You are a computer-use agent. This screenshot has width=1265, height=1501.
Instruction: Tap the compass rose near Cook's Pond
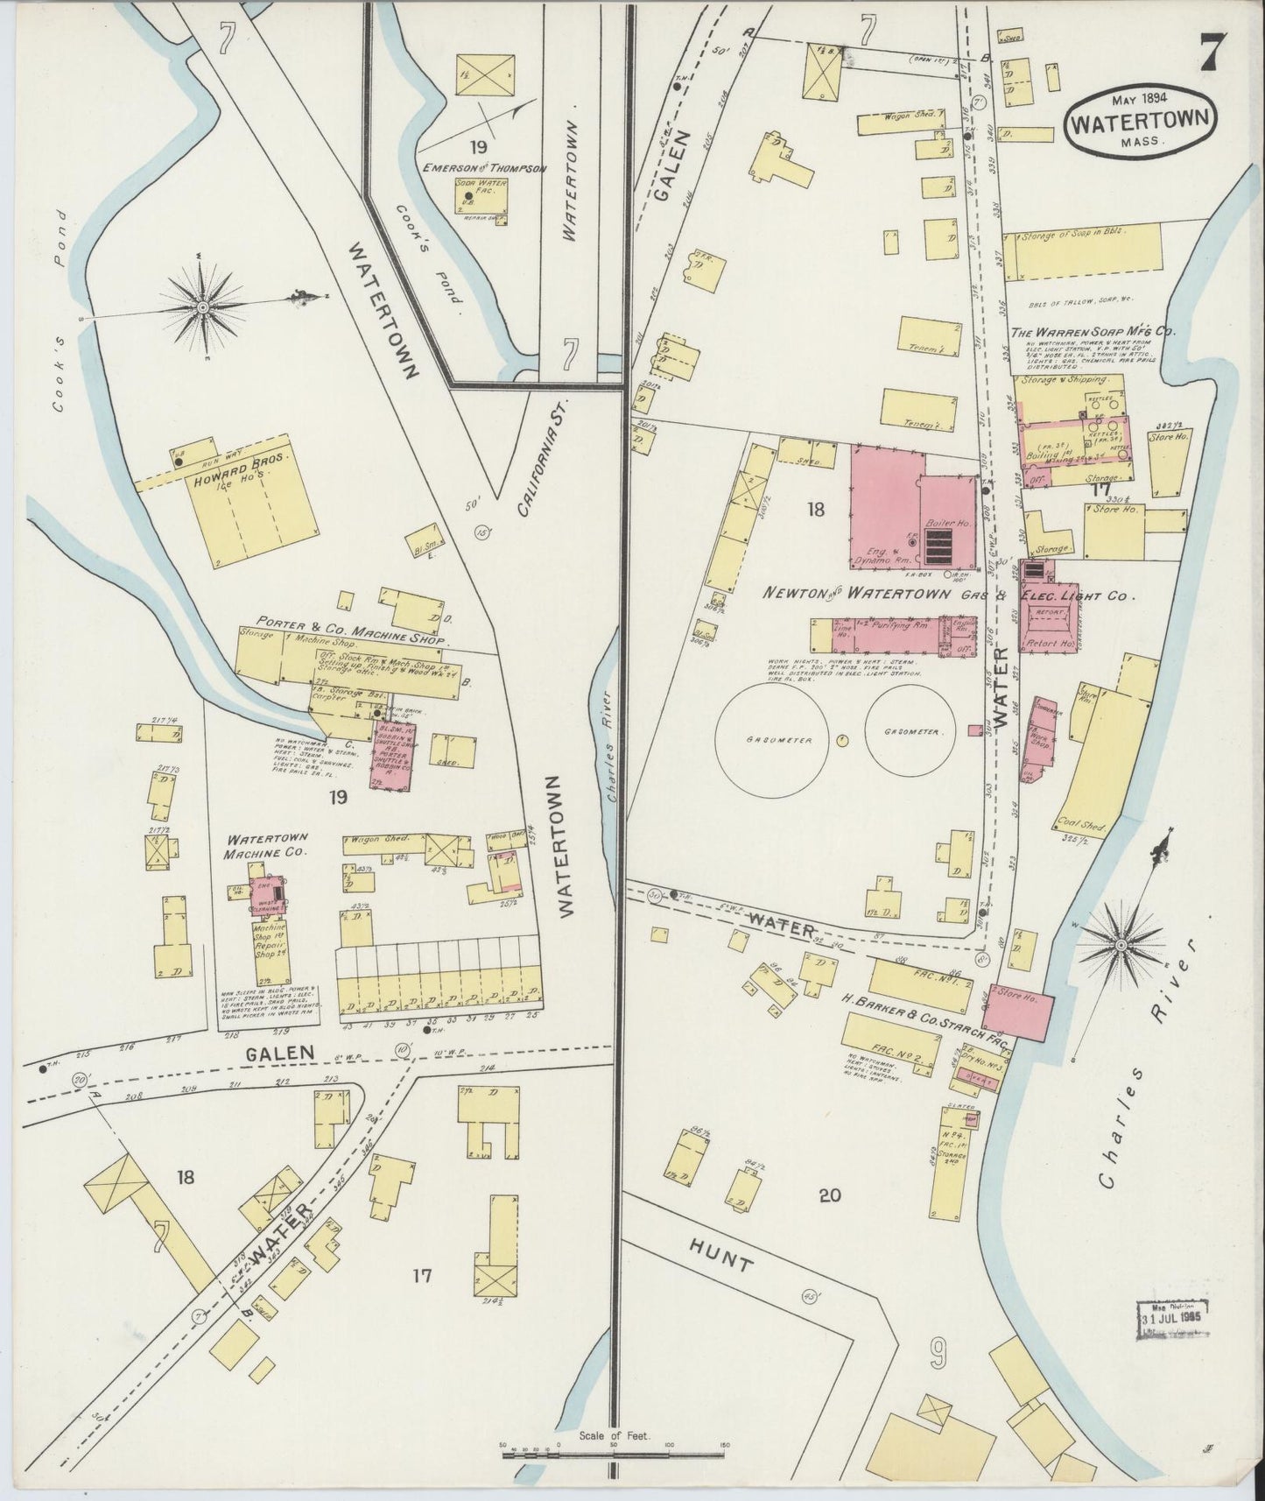203,307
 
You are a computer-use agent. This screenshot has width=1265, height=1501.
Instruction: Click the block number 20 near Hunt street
829,1194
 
